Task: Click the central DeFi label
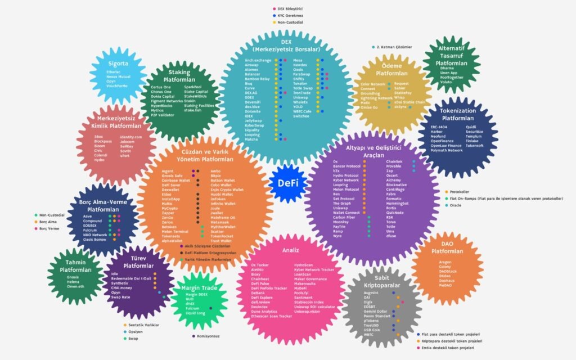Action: pyautogui.click(x=287, y=183)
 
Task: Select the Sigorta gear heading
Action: pyautogui.click(x=118, y=64)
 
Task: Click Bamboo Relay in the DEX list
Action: pyautogui.click(x=258, y=79)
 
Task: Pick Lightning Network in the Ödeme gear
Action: pyautogui.click(x=376, y=98)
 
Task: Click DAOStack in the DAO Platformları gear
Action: pyautogui.click(x=448, y=271)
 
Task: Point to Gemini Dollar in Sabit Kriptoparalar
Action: pyautogui.click(x=376, y=311)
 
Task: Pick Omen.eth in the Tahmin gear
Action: pyautogui.click(x=75, y=286)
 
